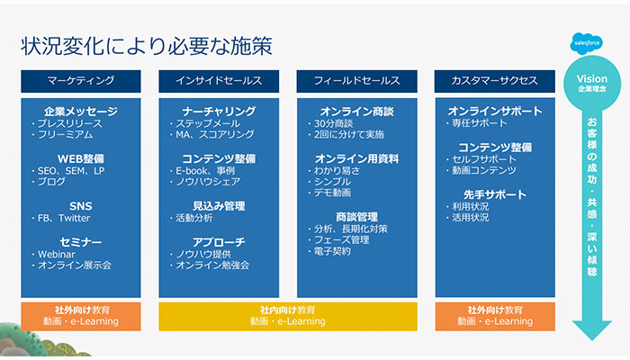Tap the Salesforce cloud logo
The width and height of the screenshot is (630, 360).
click(x=591, y=42)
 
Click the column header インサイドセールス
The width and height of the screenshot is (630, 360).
click(x=219, y=80)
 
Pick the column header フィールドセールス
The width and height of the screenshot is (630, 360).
click(x=356, y=80)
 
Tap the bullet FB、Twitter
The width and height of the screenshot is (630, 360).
click(x=64, y=218)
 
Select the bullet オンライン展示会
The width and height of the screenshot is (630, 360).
click(x=74, y=265)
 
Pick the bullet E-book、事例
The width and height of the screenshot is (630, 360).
click(x=205, y=170)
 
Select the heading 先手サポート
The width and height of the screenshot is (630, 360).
click(x=494, y=194)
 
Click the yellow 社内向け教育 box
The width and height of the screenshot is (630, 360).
click(x=287, y=315)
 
